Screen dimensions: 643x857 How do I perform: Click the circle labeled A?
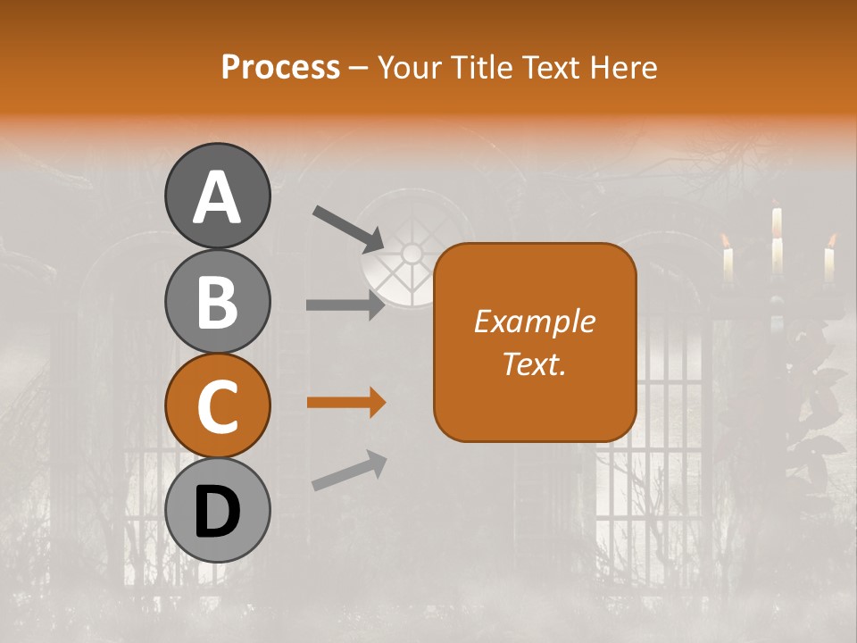217,196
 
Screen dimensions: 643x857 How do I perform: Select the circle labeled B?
217,301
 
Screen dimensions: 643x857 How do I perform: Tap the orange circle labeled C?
217,406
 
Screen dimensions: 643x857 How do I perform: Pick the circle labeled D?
217,511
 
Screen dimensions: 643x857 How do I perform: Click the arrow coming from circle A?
347,228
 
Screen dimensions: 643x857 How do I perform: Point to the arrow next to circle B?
345,305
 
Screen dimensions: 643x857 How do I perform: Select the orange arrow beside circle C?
345,403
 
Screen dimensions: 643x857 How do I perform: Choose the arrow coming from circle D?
349,471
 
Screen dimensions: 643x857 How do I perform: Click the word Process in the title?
280,67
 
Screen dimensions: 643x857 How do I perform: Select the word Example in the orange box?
535,321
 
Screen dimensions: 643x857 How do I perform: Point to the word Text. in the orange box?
535,363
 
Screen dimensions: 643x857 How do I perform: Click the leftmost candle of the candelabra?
728,263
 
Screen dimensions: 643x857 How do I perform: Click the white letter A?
217,197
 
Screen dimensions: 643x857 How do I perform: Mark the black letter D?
217,513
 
